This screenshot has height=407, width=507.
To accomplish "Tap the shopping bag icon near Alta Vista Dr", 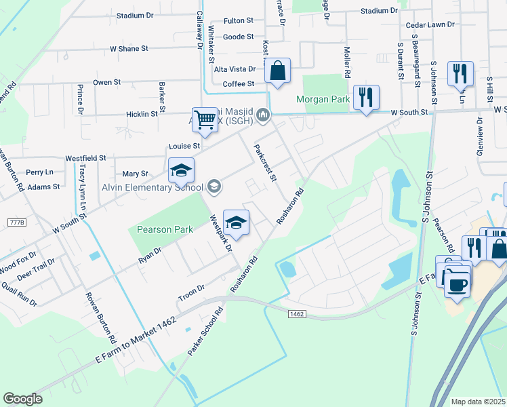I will (x=278, y=71).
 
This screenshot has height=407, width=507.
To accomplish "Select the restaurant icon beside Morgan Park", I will (x=366, y=98).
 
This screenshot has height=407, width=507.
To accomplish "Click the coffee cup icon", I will (x=458, y=282).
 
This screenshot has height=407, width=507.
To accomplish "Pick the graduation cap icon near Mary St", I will (x=181, y=171).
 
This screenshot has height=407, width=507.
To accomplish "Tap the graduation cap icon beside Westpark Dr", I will (x=236, y=222).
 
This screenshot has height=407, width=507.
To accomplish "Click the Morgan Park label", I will (x=323, y=100).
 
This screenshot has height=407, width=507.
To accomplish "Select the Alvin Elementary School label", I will (x=152, y=187).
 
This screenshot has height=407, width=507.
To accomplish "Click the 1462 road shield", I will (x=296, y=313).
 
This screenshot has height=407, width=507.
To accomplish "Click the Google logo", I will (x=22, y=399).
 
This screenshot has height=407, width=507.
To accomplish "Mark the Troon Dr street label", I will (x=191, y=294).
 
